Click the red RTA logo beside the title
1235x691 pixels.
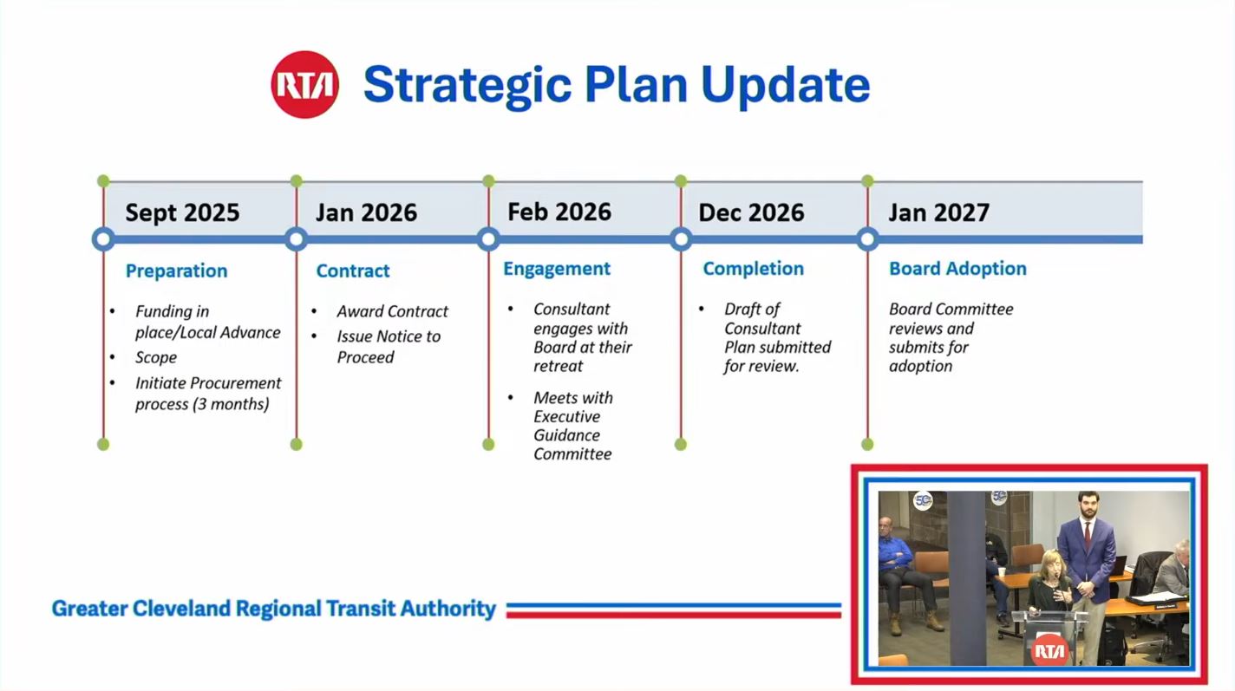click(x=304, y=84)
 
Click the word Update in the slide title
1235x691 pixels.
click(x=785, y=86)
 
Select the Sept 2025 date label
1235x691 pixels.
click(x=182, y=212)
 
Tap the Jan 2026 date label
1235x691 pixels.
click(x=366, y=212)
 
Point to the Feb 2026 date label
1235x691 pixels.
click(x=559, y=212)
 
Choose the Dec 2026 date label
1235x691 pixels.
click(x=751, y=212)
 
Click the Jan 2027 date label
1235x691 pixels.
click(x=939, y=212)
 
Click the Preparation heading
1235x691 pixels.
click(x=176, y=271)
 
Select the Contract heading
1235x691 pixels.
click(x=353, y=271)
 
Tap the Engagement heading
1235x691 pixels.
click(x=557, y=269)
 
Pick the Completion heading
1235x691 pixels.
click(x=753, y=269)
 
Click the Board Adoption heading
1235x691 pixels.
click(x=957, y=269)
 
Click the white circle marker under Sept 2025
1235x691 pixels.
click(x=103, y=239)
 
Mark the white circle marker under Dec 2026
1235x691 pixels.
click(x=681, y=239)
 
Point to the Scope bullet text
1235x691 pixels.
click(x=156, y=357)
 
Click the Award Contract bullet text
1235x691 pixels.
click(x=393, y=311)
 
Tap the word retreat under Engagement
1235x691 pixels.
click(x=558, y=367)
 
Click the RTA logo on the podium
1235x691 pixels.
click(x=1049, y=651)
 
